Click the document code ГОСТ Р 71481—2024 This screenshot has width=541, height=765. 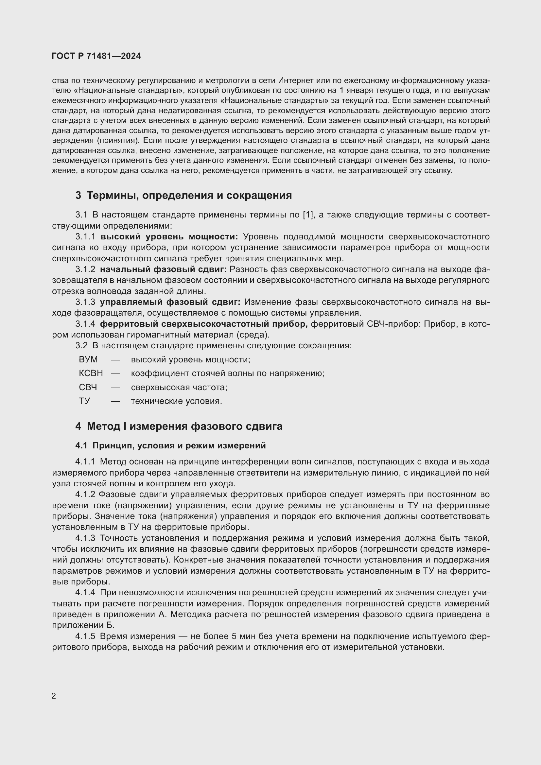pos(96,56)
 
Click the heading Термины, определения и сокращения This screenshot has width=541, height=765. pos(189,196)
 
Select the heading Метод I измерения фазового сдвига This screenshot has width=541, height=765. pos(184,426)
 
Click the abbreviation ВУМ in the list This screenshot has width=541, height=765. pos(88,359)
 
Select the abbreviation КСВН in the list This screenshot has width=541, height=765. pos(91,373)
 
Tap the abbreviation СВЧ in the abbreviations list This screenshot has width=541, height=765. pos(88,387)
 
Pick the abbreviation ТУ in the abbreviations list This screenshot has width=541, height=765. pos(84,401)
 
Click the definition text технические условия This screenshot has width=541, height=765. pos(176,401)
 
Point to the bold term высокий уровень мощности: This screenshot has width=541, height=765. pos(169,236)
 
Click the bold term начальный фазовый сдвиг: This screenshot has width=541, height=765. pos(163,269)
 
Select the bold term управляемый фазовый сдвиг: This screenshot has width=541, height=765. pos(170,302)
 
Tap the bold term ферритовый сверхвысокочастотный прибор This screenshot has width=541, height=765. pos(203,324)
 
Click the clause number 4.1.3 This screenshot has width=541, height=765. pos(85,538)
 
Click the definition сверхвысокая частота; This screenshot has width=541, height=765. pos(179,387)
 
